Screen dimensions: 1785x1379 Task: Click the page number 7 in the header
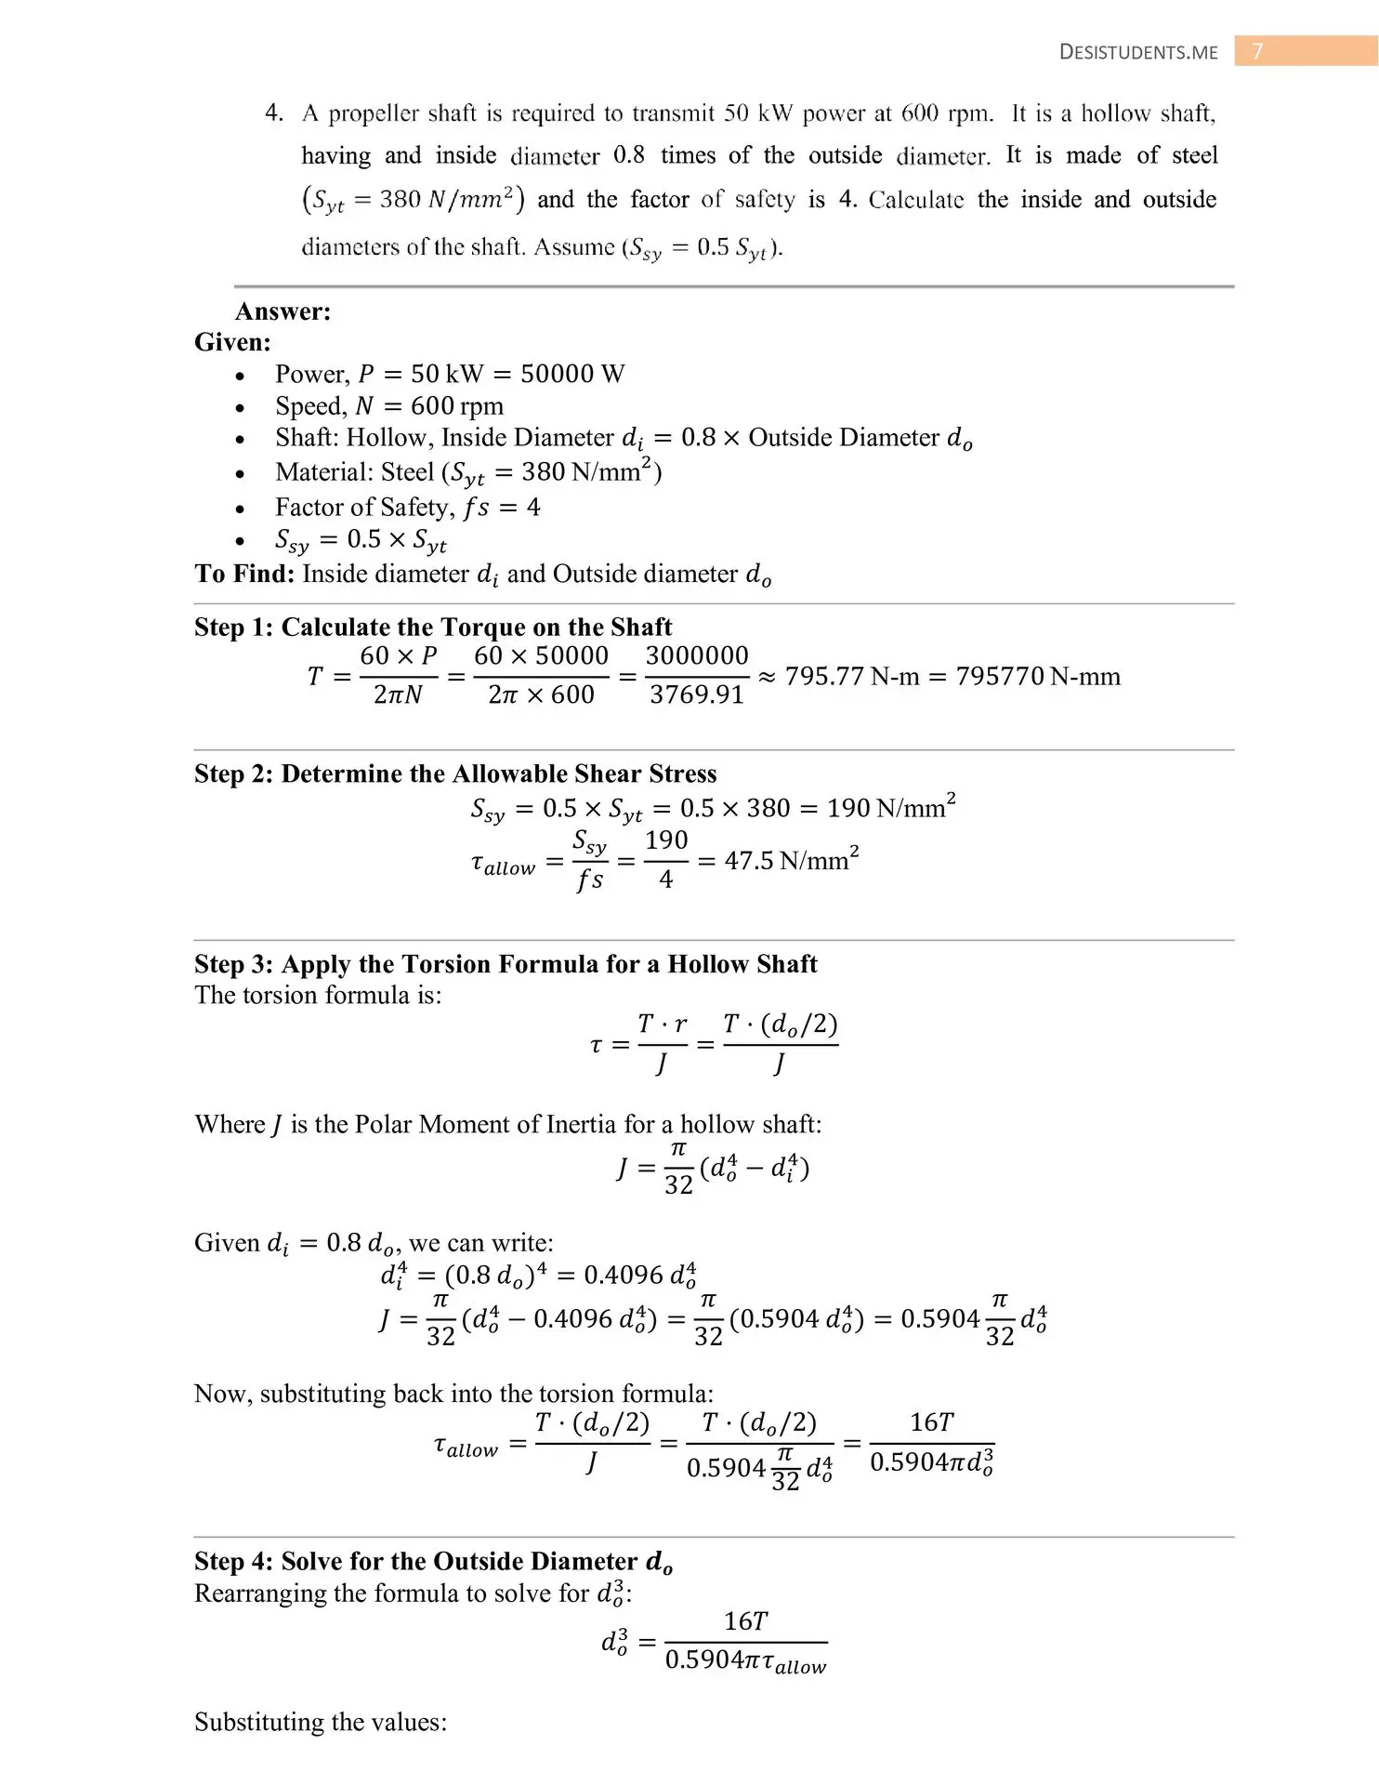tap(1258, 51)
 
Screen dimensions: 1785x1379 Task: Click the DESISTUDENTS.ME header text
tap(1138, 52)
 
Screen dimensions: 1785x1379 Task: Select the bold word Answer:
tap(282, 311)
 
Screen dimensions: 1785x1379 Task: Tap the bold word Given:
tap(232, 343)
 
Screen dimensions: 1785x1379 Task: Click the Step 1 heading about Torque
tap(432, 628)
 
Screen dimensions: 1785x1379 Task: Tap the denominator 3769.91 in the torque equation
tap(696, 695)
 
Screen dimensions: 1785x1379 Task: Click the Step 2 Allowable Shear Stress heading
tap(455, 774)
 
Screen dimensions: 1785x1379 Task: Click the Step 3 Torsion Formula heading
tap(506, 964)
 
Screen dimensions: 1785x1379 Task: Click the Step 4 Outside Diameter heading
tap(433, 1562)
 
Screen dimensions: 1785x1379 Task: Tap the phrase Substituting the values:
tap(321, 1723)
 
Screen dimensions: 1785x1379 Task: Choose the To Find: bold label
tap(244, 574)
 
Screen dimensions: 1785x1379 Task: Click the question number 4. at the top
tap(274, 113)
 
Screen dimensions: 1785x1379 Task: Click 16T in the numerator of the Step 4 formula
tap(745, 1621)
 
